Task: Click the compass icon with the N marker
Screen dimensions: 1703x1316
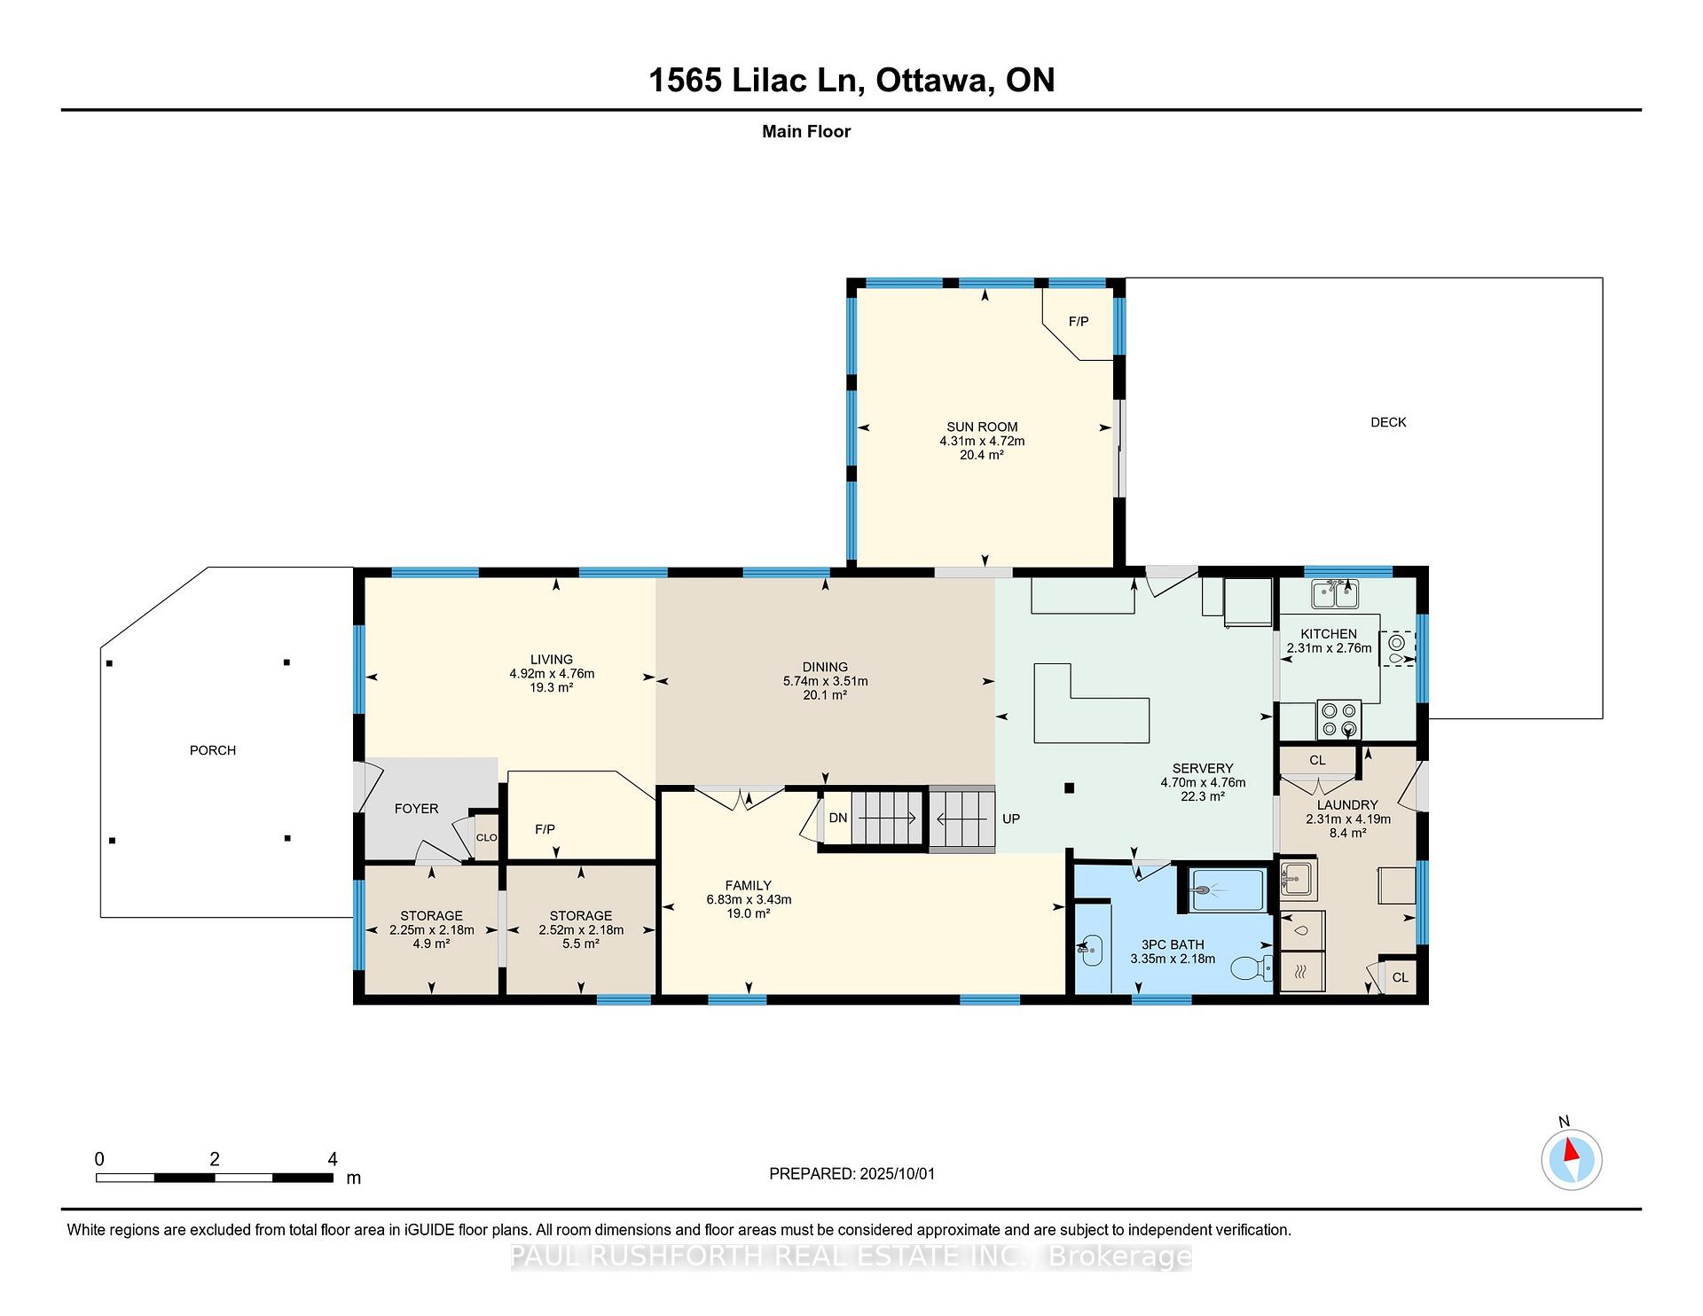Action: [x=1572, y=1160]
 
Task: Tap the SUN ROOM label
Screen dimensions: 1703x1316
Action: [x=982, y=427]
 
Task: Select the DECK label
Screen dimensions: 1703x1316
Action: [x=1388, y=422]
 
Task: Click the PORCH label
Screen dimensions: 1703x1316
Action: [x=213, y=750]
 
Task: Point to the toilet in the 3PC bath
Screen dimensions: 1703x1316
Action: [x=1252, y=967]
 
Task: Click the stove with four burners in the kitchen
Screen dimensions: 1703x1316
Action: [x=1339, y=719]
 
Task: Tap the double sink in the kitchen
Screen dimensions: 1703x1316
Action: [x=1335, y=593]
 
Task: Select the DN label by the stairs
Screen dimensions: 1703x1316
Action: [x=838, y=818]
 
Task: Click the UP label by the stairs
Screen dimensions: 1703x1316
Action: [x=1011, y=819]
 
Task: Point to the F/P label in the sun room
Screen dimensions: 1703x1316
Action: [x=1079, y=321]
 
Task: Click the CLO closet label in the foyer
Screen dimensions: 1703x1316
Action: [x=487, y=837]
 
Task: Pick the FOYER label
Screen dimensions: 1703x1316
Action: [x=417, y=809]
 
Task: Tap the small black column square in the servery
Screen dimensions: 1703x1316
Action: [x=1070, y=787]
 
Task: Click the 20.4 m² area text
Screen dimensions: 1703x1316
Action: [x=982, y=455]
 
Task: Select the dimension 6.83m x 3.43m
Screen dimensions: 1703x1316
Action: [x=749, y=899]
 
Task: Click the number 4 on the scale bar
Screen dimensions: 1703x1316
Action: [x=333, y=1159]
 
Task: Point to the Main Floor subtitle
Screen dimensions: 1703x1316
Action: [x=806, y=131]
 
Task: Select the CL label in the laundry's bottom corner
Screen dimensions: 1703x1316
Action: [x=1400, y=977]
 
